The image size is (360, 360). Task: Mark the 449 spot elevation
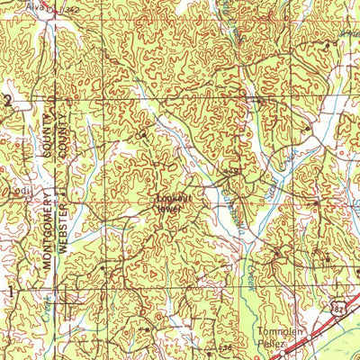(231, 171)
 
